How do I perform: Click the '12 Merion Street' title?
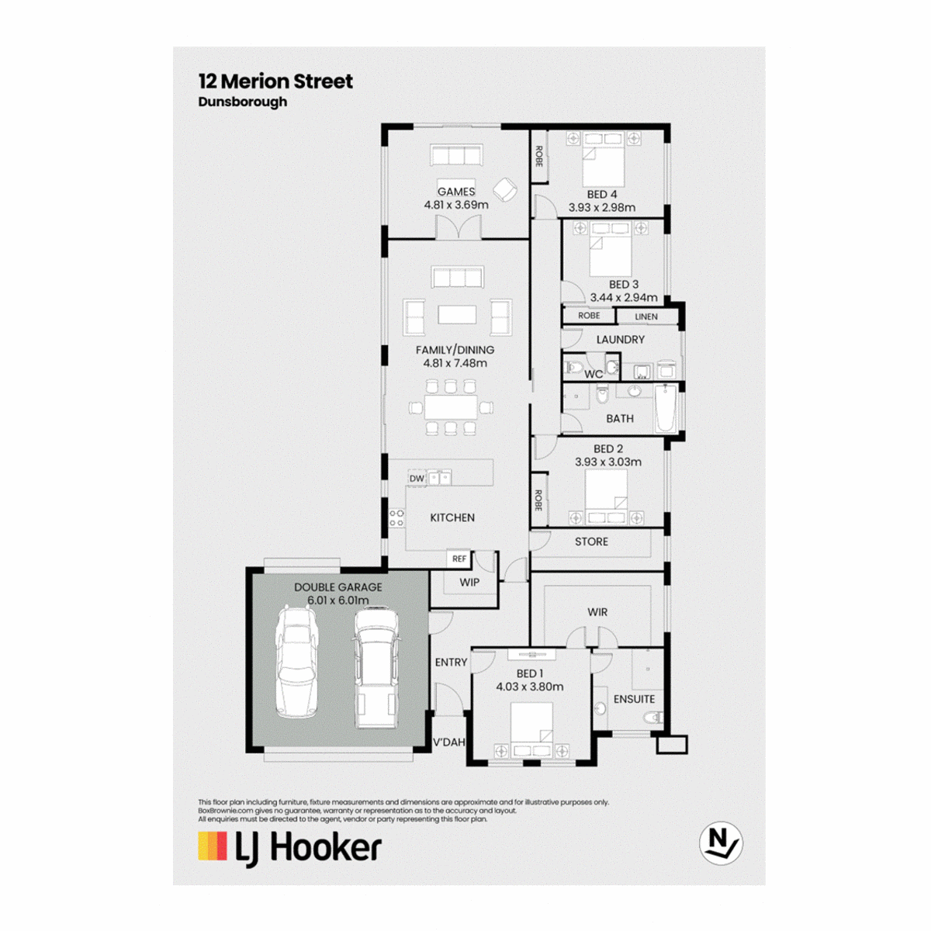coord(275,81)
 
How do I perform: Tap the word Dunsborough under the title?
coord(243,102)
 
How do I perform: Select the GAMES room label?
coord(456,192)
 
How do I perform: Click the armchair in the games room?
coord(505,189)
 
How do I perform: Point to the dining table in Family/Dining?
coord(451,407)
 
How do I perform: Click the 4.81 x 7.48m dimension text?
coord(455,363)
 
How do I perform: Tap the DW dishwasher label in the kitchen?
coord(417,479)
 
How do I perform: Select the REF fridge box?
coord(459,559)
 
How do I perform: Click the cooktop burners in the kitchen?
coord(397,517)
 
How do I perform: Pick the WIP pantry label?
coord(469,582)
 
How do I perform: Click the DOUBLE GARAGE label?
coord(338,587)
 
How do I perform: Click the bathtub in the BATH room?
coord(666,408)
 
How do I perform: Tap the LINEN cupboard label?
coord(646,317)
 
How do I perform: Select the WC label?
coord(594,374)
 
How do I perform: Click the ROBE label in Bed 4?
coord(539,157)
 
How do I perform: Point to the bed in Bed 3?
coord(611,249)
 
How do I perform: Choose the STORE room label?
coord(591,542)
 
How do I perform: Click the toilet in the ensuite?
coord(654,718)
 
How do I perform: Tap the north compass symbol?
coord(720,843)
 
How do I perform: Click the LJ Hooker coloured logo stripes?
coord(213,846)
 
